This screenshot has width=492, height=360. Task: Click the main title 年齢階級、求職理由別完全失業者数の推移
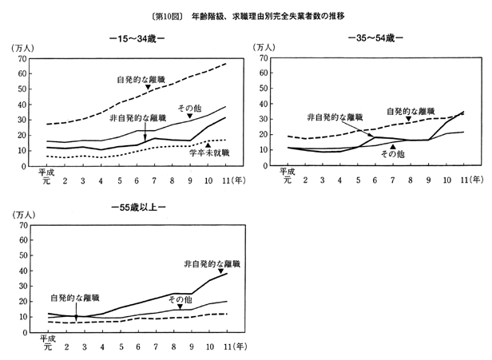pyautogui.click(x=272, y=15)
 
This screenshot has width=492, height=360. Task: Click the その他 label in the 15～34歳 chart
pyautogui.click(x=189, y=106)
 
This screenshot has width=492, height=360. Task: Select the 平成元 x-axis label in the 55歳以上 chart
pyautogui.click(x=46, y=342)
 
